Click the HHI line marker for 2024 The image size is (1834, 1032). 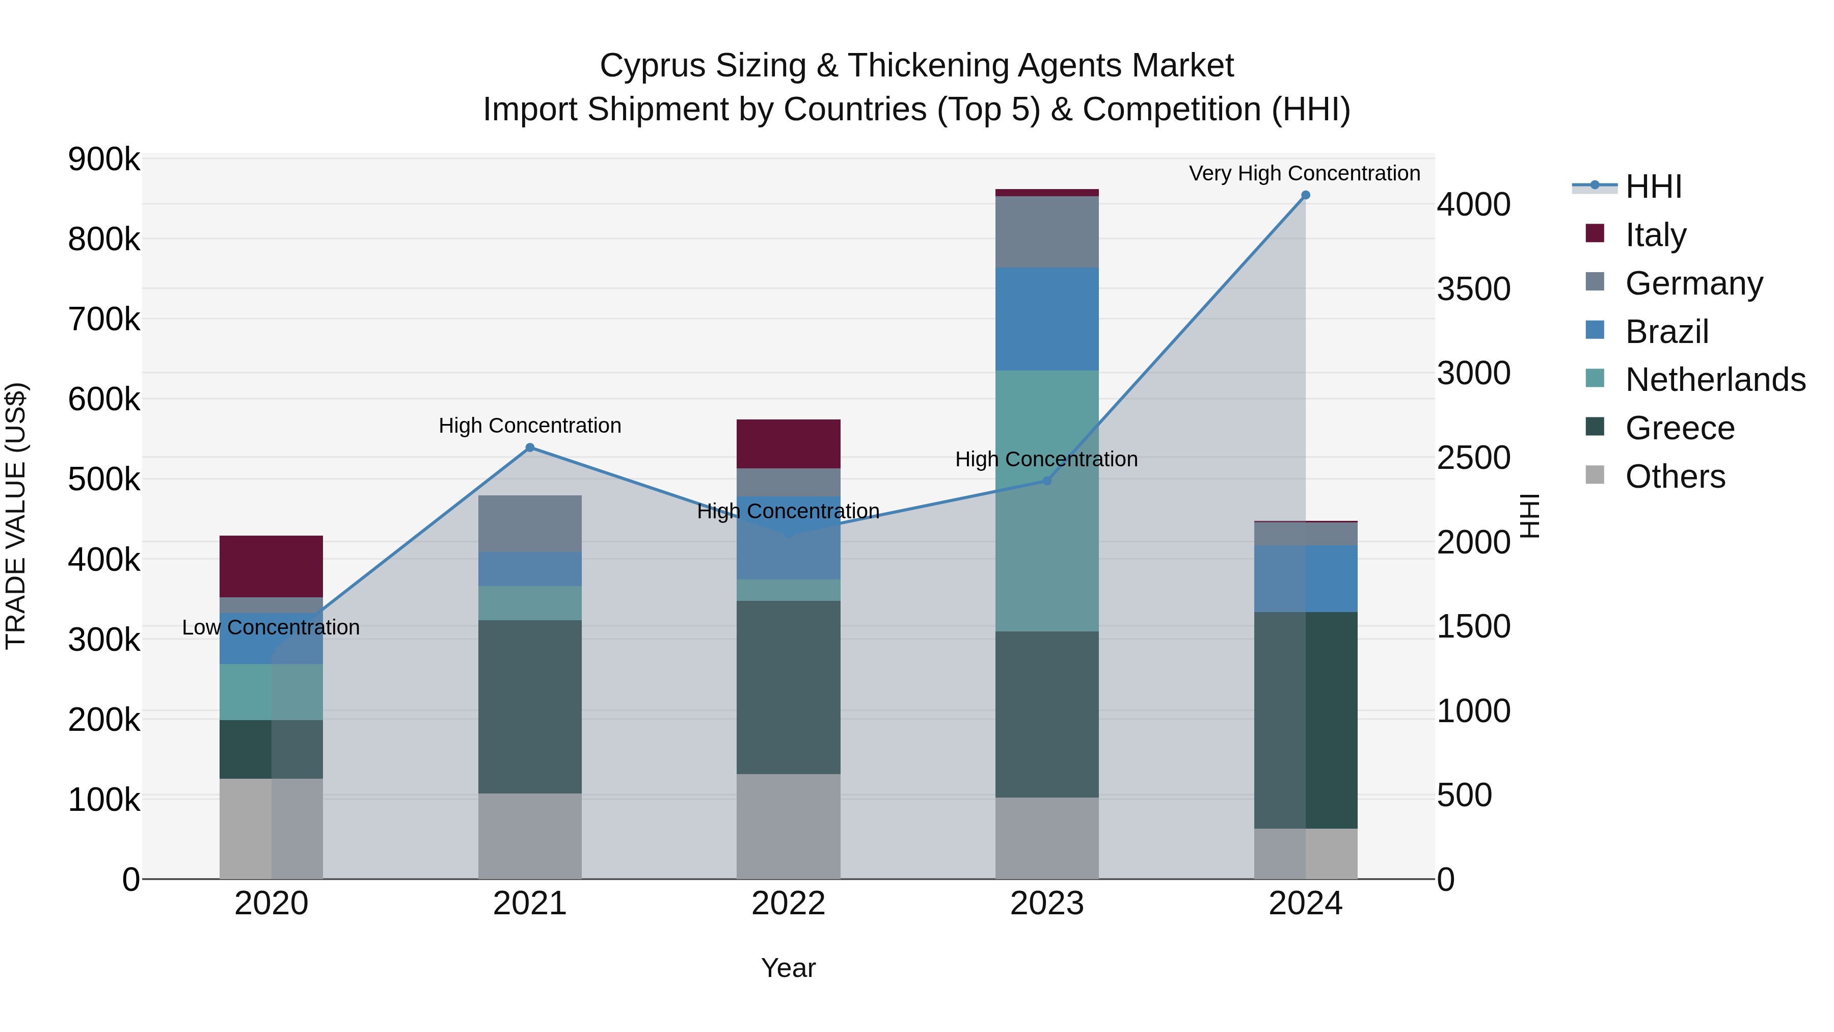[1305, 195]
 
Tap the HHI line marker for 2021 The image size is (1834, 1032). [530, 448]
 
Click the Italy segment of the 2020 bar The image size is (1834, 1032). [271, 566]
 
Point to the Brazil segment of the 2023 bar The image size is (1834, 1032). [1046, 319]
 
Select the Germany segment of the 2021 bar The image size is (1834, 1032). [530, 523]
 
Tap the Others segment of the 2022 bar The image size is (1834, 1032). [788, 826]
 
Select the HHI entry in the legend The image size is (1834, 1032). [1653, 187]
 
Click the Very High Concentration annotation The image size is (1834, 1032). [1304, 173]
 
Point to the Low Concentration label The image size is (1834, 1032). [271, 627]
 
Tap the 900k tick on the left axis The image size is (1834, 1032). [104, 160]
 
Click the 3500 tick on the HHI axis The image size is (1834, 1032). [1473, 289]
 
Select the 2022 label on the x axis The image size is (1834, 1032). [788, 904]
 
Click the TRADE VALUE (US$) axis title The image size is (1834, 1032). [16, 516]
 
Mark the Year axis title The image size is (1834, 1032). [788, 968]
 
